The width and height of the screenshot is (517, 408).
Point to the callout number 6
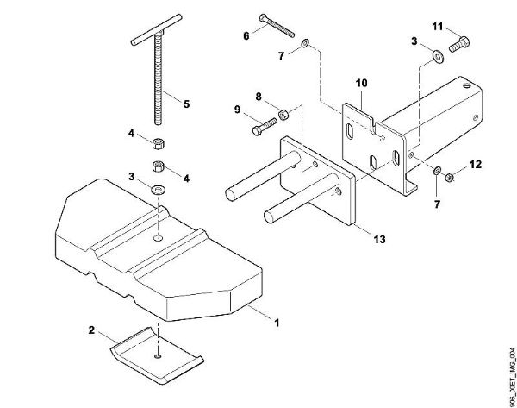(246, 35)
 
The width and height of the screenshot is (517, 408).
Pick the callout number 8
(258, 97)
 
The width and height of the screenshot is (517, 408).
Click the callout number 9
(238, 110)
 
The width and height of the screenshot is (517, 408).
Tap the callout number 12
(475, 163)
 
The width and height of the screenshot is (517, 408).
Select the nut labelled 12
(451, 175)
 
